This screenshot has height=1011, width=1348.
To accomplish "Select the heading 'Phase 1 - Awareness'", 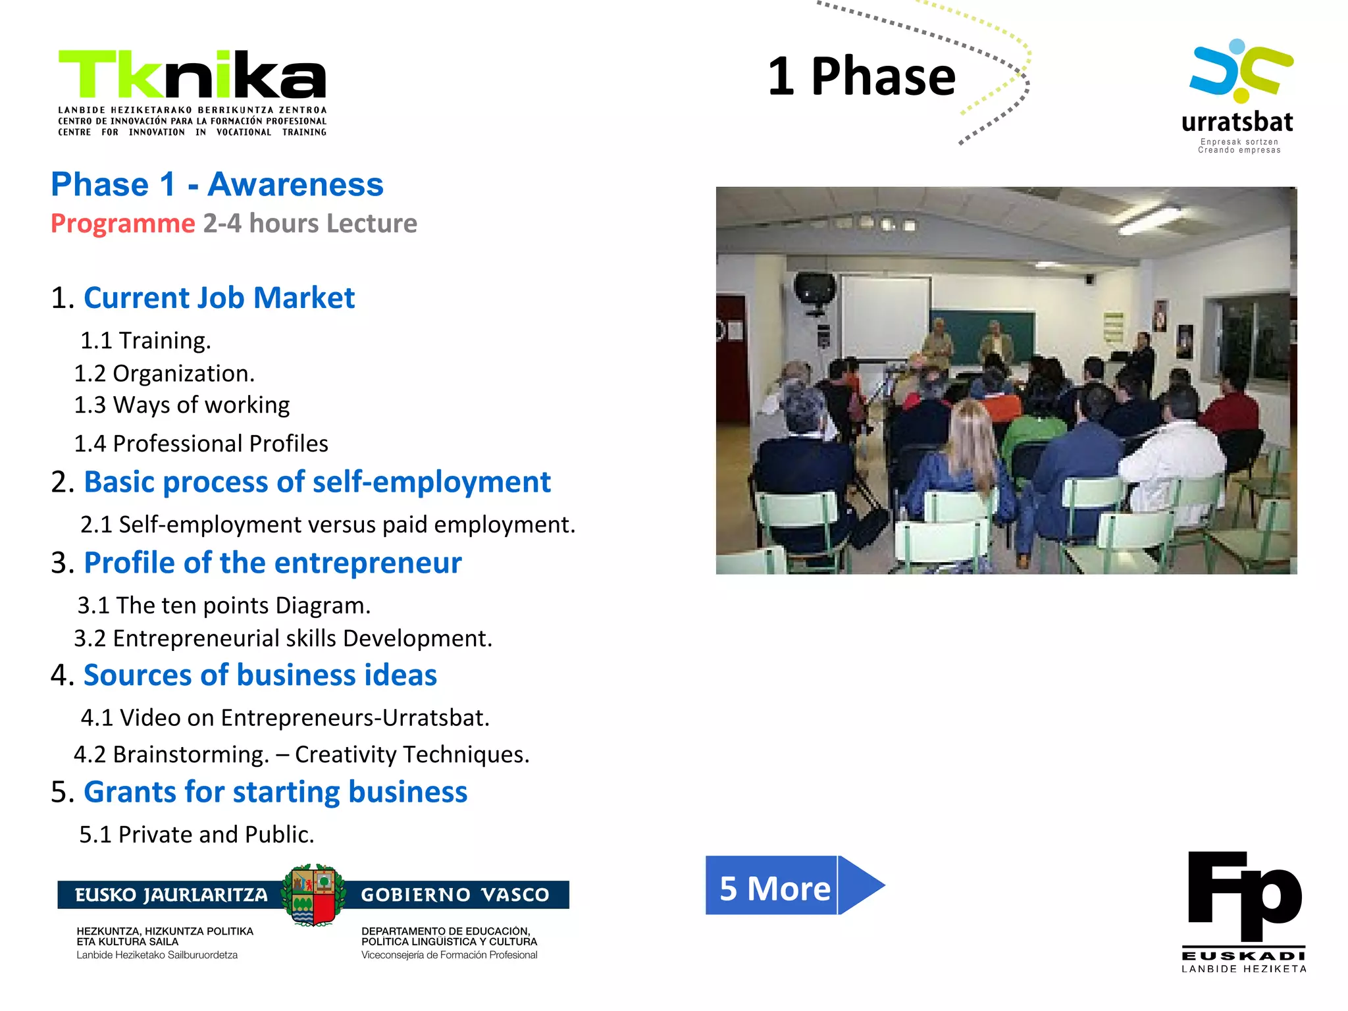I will tap(217, 184).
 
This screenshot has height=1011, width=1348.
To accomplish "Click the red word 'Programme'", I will tap(123, 224).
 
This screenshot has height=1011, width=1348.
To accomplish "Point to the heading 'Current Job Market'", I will tap(219, 298).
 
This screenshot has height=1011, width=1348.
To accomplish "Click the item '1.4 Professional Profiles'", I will tap(201, 444).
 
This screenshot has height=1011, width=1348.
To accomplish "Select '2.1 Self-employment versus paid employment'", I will tap(327, 525).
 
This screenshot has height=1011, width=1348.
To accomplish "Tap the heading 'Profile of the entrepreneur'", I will tap(272, 563).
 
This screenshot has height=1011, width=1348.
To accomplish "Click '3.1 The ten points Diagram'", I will tap(224, 606).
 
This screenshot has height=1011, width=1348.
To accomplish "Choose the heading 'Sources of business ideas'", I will tap(260, 676).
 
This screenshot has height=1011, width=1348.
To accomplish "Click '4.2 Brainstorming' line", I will tap(301, 754).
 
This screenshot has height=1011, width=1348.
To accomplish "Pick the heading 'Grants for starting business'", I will tap(275, 792).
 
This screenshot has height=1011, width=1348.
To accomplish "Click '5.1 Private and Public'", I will tap(196, 835).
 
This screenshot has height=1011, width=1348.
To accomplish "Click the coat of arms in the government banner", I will tap(313, 895).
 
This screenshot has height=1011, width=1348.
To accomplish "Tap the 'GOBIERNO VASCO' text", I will tap(455, 895).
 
